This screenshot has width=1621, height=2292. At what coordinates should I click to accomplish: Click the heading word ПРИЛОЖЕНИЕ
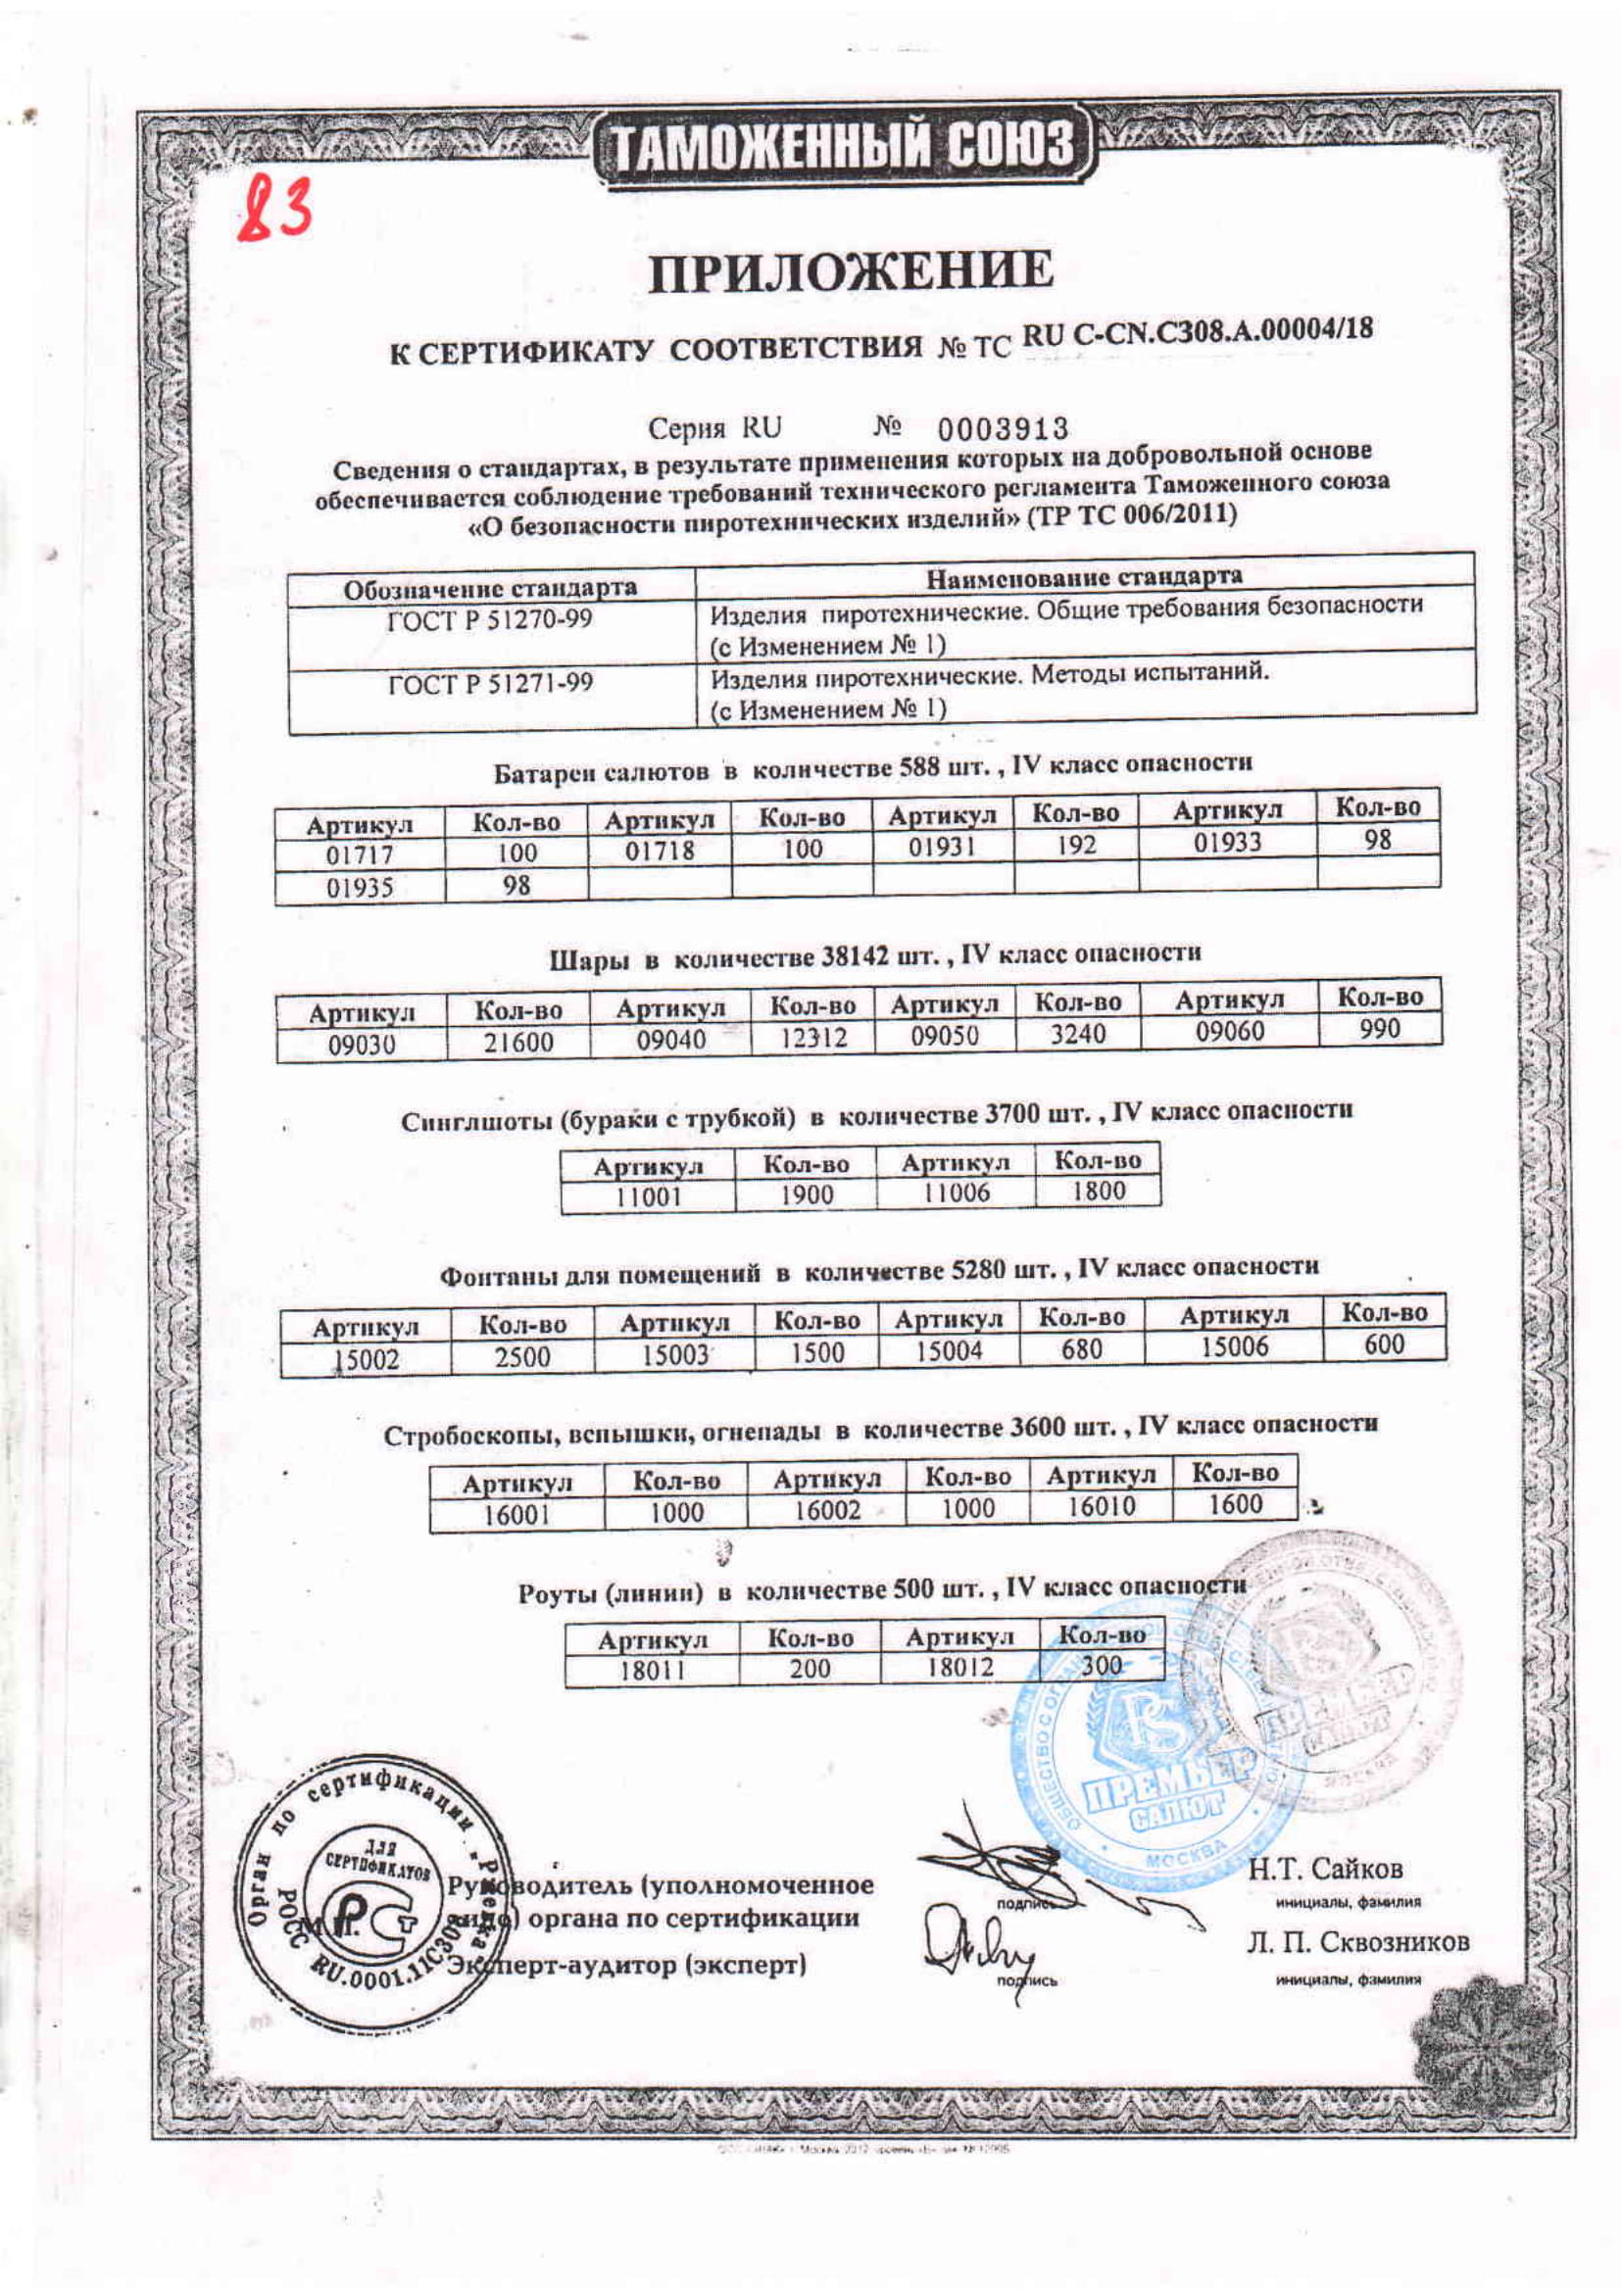pos(852,271)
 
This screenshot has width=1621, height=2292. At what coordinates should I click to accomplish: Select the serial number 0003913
pos(1003,429)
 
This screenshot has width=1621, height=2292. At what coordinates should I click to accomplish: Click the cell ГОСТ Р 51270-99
pos(489,620)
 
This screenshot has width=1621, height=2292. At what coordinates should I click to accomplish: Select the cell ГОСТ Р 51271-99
pos(489,684)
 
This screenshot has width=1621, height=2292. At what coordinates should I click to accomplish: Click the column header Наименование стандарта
pos(1084,577)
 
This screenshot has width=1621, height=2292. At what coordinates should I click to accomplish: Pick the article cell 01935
pos(361,888)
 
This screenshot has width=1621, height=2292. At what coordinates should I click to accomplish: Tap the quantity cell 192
pos(1076,846)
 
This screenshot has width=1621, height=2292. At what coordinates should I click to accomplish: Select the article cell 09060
pos(1229,1030)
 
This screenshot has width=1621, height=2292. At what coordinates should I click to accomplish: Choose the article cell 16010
pos(1101,1506)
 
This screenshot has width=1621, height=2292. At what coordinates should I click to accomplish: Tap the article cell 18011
pos(651,1669)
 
